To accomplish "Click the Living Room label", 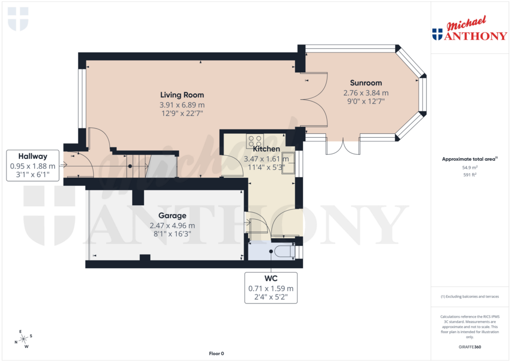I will pos(182,95).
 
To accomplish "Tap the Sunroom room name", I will pos(366,83).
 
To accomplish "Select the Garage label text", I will pos(172,216).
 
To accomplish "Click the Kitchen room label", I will pos(266,149).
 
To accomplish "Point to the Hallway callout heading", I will pos(33,156).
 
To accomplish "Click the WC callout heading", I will pos(270,279).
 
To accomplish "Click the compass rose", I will pos(23,340).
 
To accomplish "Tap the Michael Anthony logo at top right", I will pos(470,29).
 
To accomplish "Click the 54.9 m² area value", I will pos(470,168).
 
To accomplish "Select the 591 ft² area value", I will pos(470,175).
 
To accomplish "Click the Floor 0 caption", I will pos(217,354).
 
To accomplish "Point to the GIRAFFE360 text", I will pos(470,347).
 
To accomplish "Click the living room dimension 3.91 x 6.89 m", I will pos(182,105).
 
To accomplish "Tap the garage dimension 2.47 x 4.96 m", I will pos(172,226).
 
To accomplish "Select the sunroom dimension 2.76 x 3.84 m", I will pos(366,93).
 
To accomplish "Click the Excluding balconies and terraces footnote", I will pos(470,297).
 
